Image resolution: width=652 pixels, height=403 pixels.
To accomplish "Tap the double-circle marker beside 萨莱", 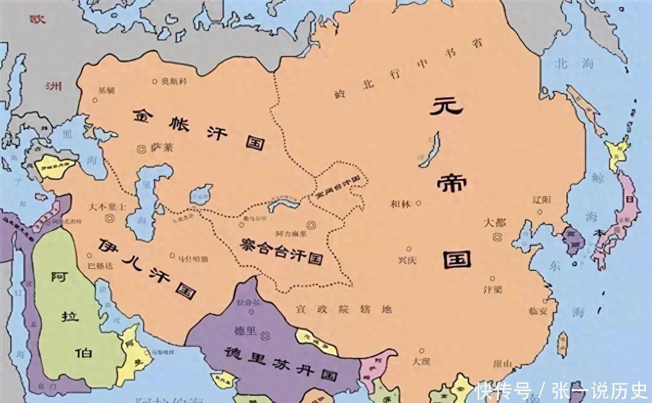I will (142, 147).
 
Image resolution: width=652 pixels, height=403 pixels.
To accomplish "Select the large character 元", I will (446, 106).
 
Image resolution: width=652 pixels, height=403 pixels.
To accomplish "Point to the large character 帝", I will (451, 184).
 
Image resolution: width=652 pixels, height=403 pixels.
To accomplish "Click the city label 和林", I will (401, 204).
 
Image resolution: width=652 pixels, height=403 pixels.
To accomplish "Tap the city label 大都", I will (495, 223).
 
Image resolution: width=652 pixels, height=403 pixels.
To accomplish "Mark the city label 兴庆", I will (407, 260).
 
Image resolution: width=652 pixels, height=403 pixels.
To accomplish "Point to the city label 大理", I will (421, 361).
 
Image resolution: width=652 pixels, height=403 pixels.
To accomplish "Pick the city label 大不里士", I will (107, 207).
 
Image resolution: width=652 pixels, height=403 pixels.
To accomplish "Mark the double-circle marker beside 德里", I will (266, 336).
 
